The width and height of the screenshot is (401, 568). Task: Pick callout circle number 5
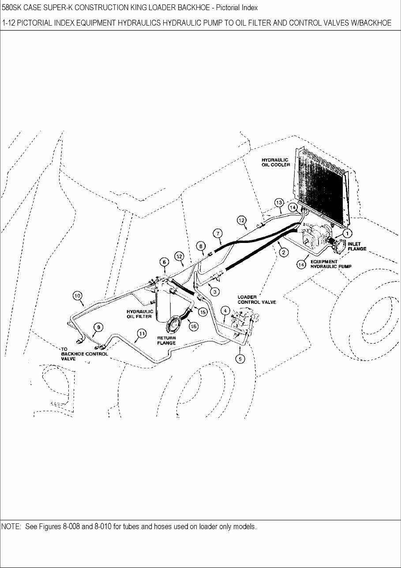tap(240, 359)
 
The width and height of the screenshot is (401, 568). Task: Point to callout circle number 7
tap(218, 233)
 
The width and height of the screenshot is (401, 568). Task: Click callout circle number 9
tap(98, 327)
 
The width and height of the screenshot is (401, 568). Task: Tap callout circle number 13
tap(279, 202)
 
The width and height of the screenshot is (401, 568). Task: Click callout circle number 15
tap(202, 312)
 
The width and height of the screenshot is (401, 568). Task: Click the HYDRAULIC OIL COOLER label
tap(276, 162)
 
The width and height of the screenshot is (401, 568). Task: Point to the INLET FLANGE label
tap(357, 246)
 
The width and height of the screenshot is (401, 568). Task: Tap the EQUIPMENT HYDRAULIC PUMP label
tap(330, 264)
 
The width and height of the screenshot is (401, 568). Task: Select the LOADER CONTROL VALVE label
tap(257, 299)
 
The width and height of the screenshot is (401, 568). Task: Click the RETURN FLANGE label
tap(167, 340)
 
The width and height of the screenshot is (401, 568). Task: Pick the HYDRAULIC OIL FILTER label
tap(140, 314)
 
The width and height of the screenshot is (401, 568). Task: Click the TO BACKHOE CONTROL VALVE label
tap(84, 354)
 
